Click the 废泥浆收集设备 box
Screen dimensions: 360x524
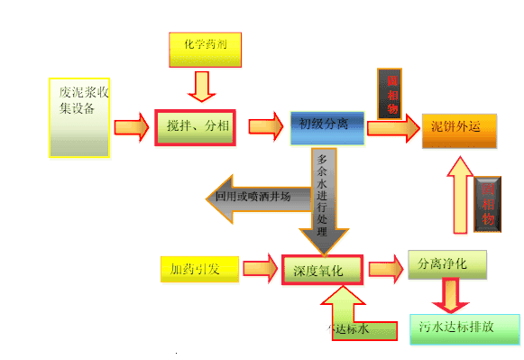pos(79,117)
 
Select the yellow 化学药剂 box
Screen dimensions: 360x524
pos(206,49)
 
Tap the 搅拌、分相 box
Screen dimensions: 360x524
pos(195,126)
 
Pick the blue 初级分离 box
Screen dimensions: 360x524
pos(326,127)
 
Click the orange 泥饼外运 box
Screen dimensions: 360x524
pos(458,130)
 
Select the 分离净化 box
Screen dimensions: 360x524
pos(446,264)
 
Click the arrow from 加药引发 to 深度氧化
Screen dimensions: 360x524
pos(260,268)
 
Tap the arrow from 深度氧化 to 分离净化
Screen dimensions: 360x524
pos(385,268)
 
